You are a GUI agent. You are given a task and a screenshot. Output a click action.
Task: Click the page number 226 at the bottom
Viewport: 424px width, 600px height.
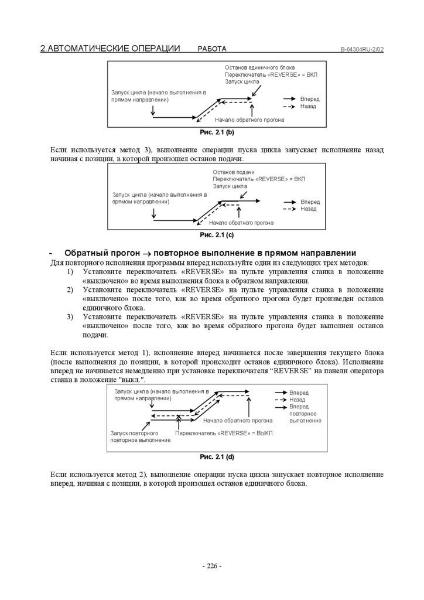pyautogui.click(x=211, y=566)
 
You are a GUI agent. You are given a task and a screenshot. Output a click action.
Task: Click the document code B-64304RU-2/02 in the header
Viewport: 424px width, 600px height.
pyautogui.click(x=362, y=49)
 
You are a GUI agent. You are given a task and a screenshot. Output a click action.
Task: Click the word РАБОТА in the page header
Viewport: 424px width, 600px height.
pyautogui.click(x=212, y=49)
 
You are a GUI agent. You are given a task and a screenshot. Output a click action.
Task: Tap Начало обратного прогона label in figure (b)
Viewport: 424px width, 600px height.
pyautogui.click(x=254, y=120)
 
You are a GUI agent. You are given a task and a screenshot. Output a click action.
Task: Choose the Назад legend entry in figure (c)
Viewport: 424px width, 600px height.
pyautogui.click(x=308, y=209)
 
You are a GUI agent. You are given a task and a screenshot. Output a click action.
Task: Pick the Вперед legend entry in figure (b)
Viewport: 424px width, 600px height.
pyautogui.click(x=309, y=99)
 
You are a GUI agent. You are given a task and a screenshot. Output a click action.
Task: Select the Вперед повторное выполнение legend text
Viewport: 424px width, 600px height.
pyautogui.click(x=305, y=413)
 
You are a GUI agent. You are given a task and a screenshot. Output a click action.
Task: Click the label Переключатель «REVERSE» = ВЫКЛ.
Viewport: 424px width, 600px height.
pyautogui.click(x=224, y=433)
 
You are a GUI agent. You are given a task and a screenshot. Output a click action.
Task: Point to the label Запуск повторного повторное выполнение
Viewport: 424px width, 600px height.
pyautogui.click(x=141, y=436)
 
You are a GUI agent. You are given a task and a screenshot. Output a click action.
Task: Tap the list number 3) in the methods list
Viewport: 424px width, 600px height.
pyautogui.click(x=69, y=316)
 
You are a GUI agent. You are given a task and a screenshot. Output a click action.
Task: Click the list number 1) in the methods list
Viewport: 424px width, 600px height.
pyautogui.click(x=69, y=272)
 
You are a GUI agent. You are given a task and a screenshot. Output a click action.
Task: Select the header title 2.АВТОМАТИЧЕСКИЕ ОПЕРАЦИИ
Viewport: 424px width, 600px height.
pyautogui.click(x=110, y=49)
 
